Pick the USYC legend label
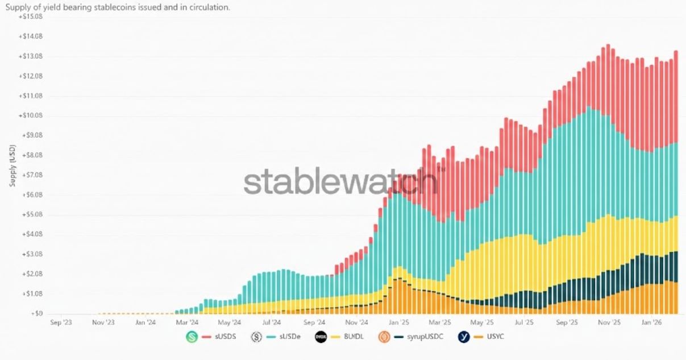(493, 337)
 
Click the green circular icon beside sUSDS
(192, 337)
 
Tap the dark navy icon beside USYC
(464, 337)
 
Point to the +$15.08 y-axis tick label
(31, 17)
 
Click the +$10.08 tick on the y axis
(31, 115)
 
